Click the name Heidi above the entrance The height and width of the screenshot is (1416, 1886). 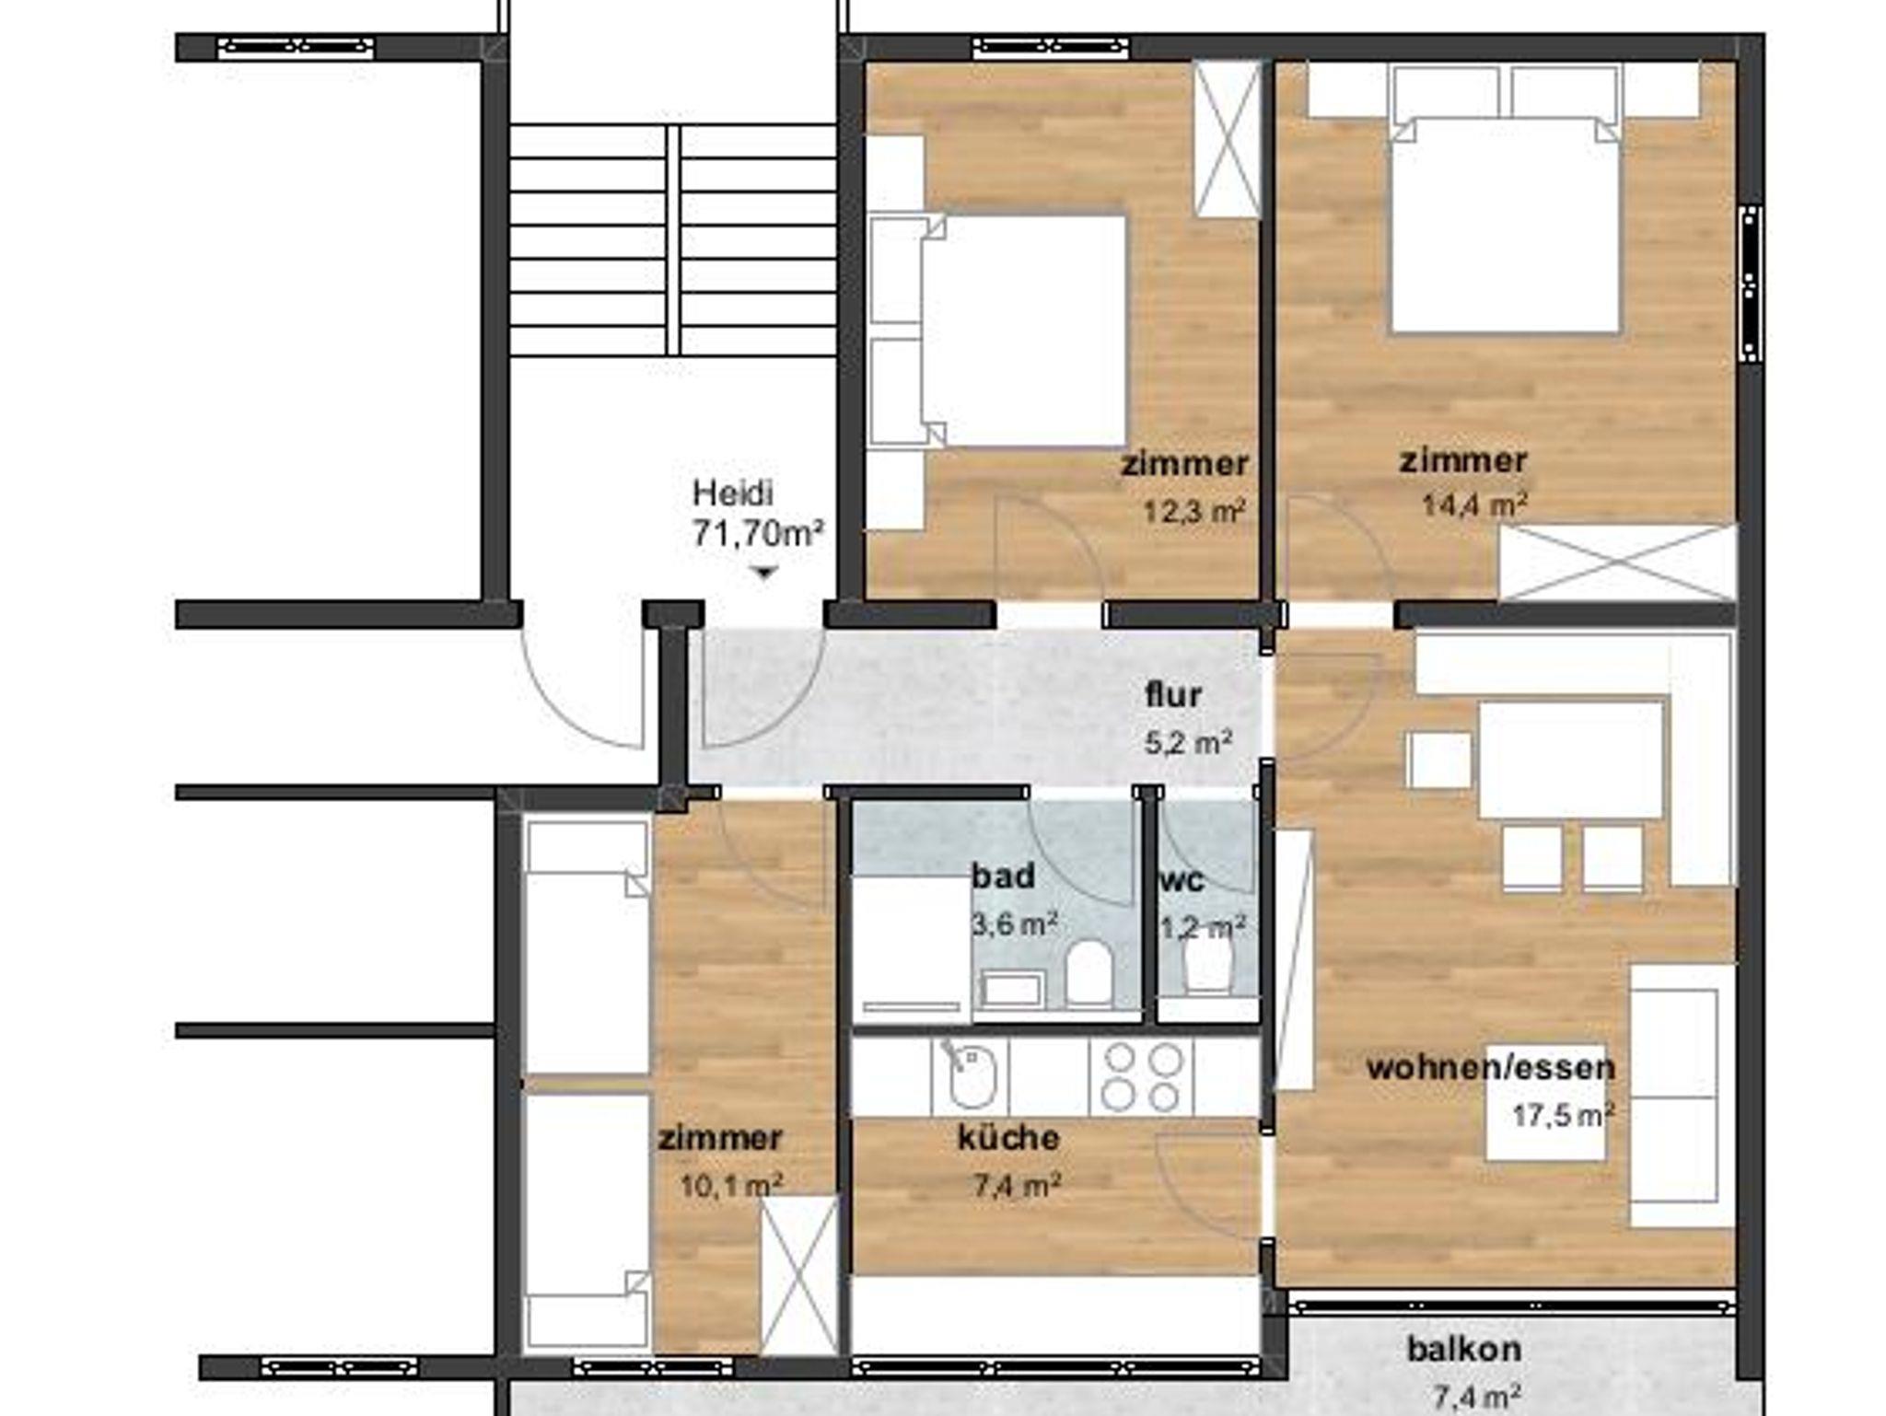tap(732, 493)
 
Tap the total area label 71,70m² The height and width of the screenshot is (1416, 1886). tap(757, 533)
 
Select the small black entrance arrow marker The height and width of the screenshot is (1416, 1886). tap(763, 574)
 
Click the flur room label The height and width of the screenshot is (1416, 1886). tap(1173, 695)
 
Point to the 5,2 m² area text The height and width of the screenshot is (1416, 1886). tap(1188, 741)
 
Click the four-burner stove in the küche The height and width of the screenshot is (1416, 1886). tap(1142, 1076)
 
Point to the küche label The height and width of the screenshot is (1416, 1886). tap(1008, 1138)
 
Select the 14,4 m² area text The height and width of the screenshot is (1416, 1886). tap(1475, 505)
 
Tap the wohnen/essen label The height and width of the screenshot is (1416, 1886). tap(1491, 1068)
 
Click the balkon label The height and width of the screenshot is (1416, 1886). tap(1464, 1350)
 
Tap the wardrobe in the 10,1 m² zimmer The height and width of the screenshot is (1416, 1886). tap(799, 1274)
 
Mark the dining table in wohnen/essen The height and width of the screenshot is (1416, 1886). tap(1570, 760)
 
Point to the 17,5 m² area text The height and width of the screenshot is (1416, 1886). tap(1564, 1116)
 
